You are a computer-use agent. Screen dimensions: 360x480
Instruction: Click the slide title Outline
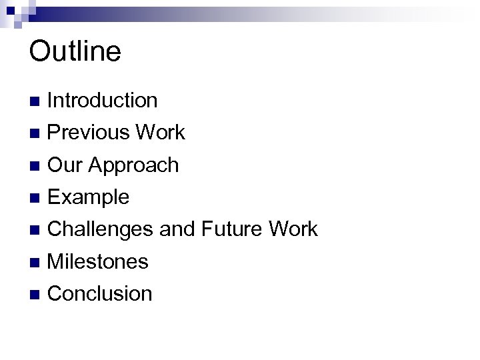click(75, 51)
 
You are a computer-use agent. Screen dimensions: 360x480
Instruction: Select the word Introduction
click(103, 101)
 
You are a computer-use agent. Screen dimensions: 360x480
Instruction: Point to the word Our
click(64, 165)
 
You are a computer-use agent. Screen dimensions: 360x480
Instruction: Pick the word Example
click(89, 197)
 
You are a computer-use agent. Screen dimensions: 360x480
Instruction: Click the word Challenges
click(101, 230)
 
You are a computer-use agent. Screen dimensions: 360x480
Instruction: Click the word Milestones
click(98, 261)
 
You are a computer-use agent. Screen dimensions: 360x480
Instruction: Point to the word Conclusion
click(100, 293)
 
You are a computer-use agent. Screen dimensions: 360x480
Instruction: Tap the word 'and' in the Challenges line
click(176, 229)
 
